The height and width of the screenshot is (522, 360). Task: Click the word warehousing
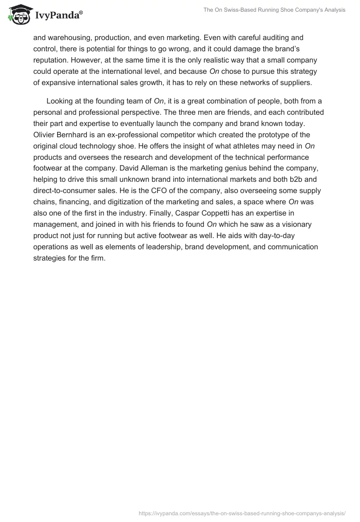pyautogui.click(x=68, y=37)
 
